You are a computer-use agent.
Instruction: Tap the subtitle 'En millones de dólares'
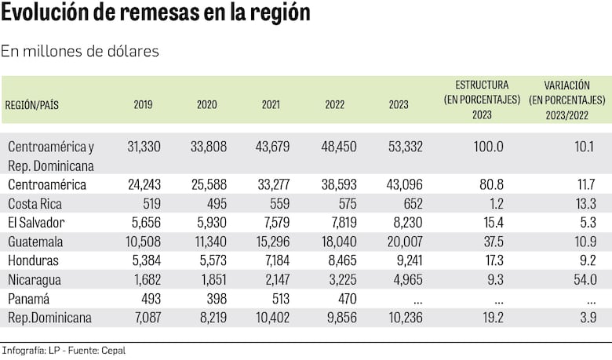coord(80,52)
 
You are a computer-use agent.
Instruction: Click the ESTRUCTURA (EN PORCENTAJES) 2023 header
coord(483,99)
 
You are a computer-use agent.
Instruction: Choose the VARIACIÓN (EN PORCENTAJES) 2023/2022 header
coord(567,99)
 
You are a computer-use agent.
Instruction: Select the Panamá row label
coord(28,299)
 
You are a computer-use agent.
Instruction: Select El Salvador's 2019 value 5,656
coord(144,223)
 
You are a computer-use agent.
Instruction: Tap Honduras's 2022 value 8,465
coord(341,260)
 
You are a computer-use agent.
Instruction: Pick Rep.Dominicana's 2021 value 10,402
coord(271,318)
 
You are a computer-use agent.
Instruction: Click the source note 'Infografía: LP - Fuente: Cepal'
coord(64,350)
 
